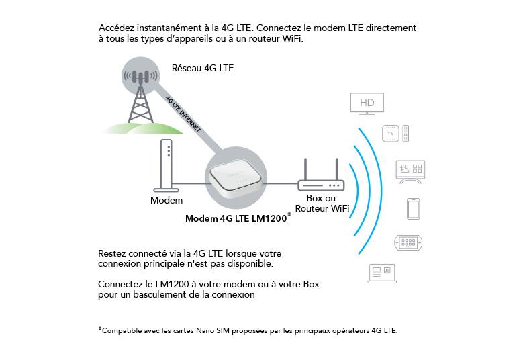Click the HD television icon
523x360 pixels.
pos(367,103)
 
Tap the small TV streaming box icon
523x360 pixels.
pos(391,134)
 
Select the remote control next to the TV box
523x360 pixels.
pos(406,134)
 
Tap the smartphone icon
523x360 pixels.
pos(413,209)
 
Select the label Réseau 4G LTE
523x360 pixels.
pos(203,68)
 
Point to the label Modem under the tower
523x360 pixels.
pos(166,200)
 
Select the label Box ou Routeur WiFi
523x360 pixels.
pos(321,204)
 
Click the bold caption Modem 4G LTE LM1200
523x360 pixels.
pos(237,218)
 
